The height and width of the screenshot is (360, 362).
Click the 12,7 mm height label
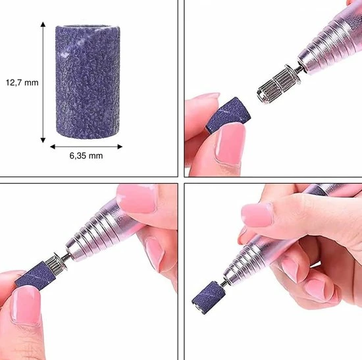[22, 82]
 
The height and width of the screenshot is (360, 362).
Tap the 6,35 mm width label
[86, 155]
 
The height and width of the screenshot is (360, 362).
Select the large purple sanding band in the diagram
[88, 82]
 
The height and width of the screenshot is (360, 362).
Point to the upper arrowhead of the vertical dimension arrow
[43, 24]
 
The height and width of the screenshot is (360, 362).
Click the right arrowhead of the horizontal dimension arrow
[120, 147]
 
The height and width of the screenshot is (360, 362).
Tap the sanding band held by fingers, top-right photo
[228, 115]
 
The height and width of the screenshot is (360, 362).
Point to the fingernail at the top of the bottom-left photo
[137, 199]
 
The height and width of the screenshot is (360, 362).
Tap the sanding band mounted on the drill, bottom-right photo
[207, 297]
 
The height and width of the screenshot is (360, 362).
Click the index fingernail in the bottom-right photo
[257, 215]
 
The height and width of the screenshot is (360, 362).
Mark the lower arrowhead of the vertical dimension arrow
[43, 140]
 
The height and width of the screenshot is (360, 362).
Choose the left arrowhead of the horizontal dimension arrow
[53, 147]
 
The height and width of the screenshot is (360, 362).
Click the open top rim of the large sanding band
[88, 26]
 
